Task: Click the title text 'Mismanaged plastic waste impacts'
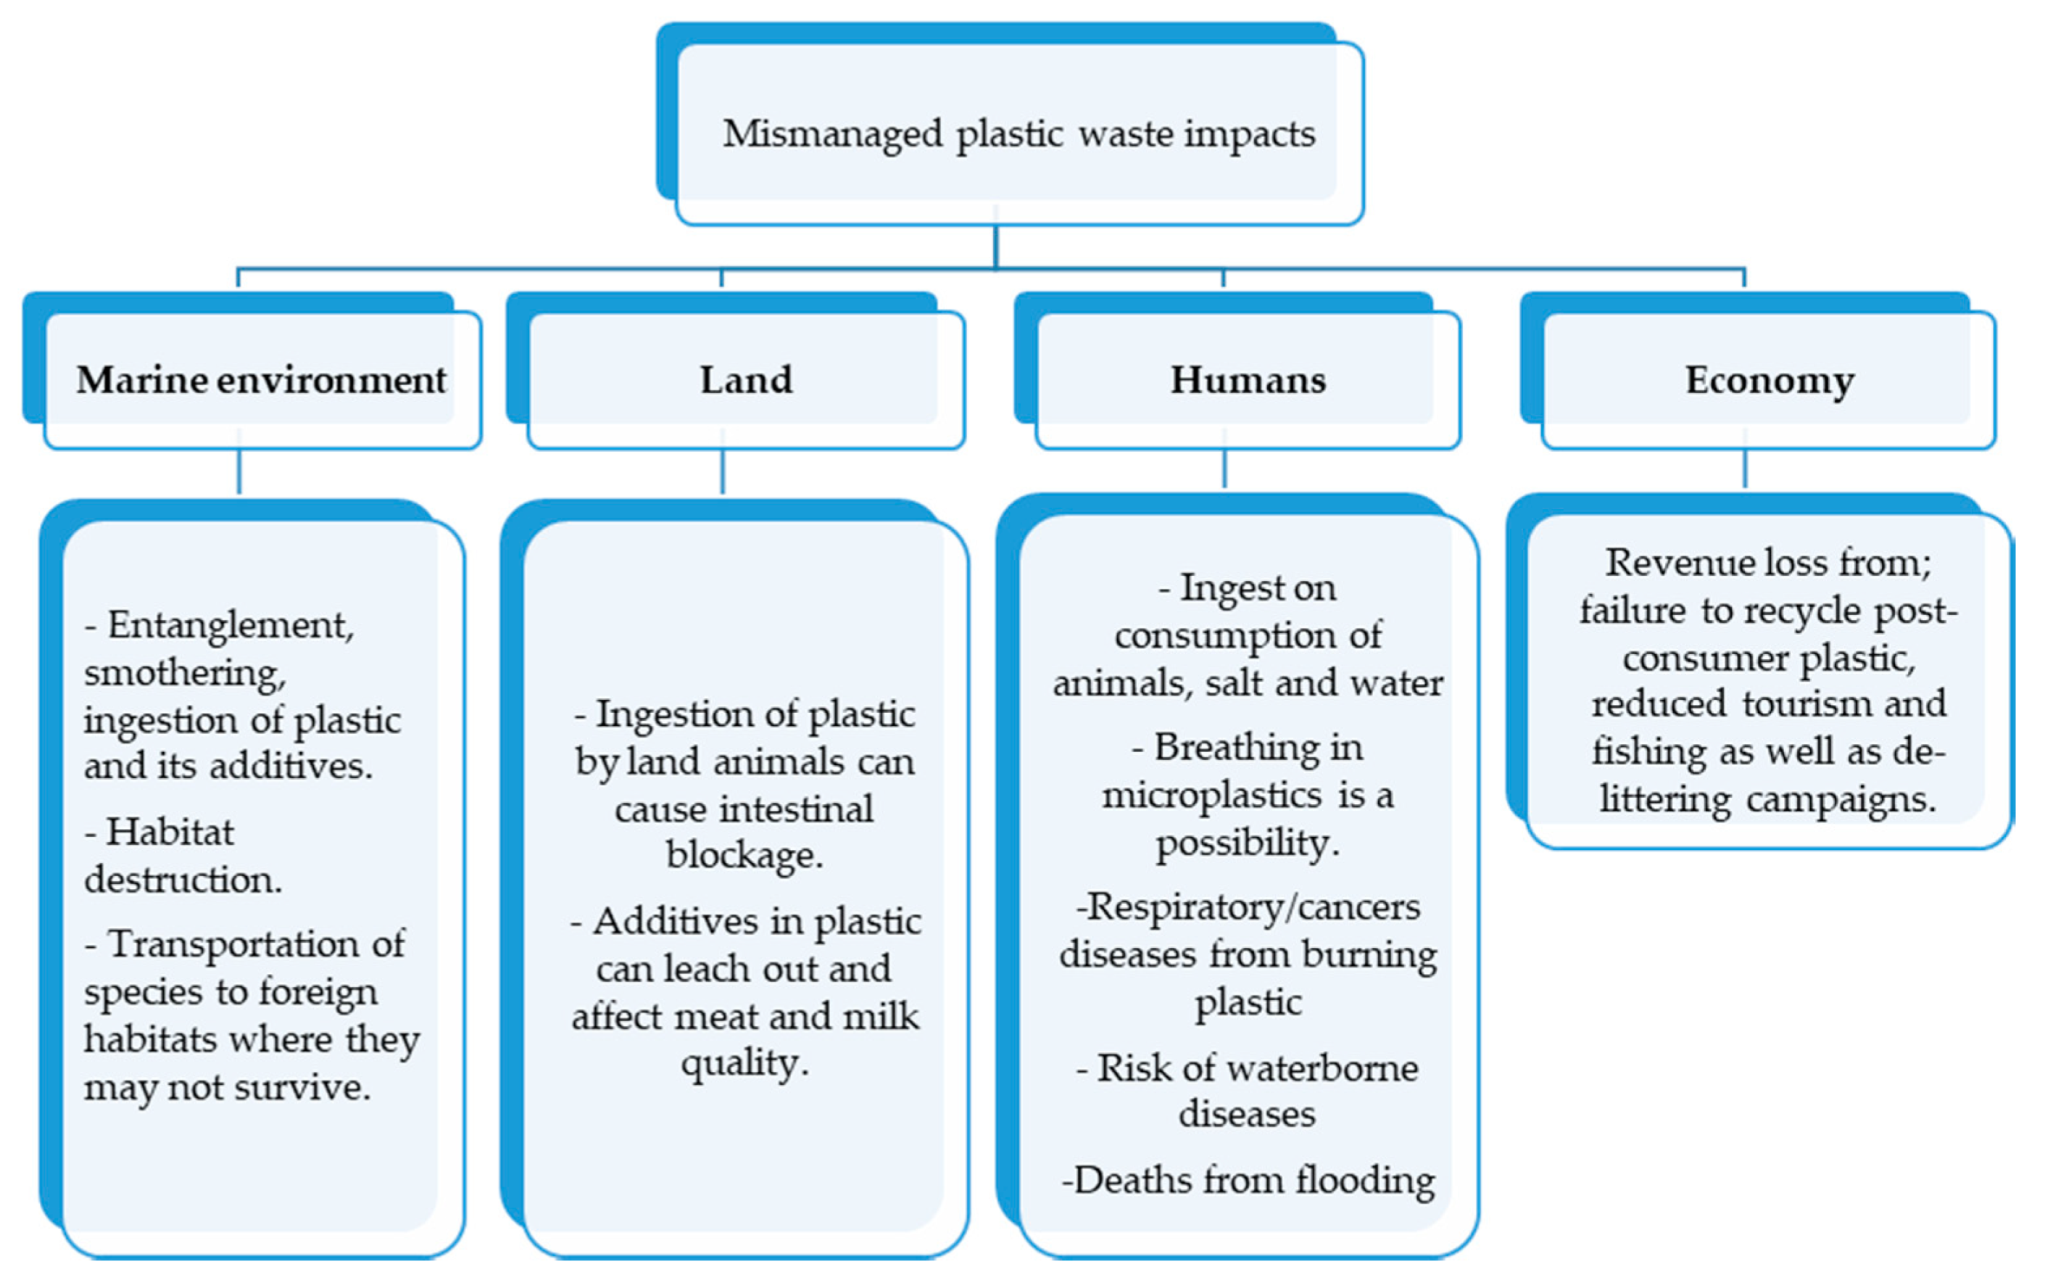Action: tap(1019, 134)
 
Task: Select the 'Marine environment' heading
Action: tap(261, 380)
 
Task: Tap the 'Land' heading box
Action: tap(746, 380)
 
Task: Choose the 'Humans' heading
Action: tap(1248, 380)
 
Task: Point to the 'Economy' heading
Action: tap(1769, 380)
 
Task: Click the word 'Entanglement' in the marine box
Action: tap(229, 626)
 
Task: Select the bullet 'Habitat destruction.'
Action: tap(182, 855)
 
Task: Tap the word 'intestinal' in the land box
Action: tap(796, 808)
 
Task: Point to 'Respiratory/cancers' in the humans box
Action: tap(1248, 907)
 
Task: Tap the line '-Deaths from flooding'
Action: tap(1248, 1180)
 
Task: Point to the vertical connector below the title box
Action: tap(995, 247)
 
